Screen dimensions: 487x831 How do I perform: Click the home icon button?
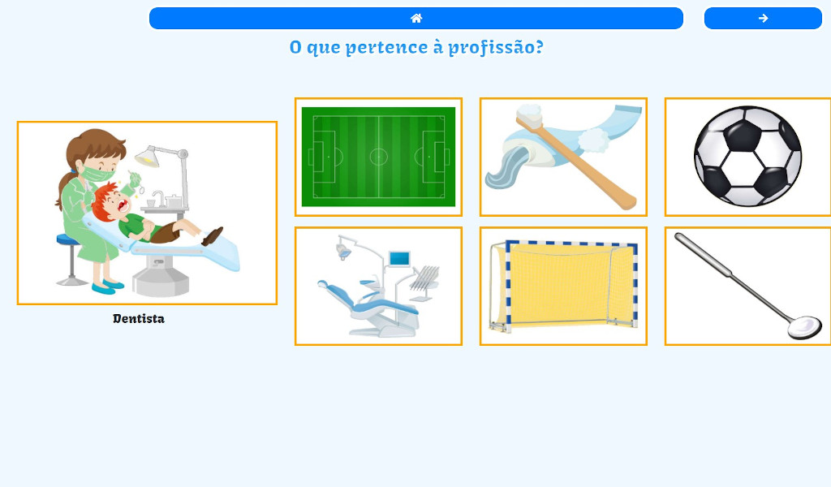[x=415, y=18]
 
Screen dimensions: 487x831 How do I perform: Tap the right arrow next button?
[x=763, y=18]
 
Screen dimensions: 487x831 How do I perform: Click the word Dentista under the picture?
[x=139, y=319]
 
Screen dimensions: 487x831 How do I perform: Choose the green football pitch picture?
[x=378, y=157]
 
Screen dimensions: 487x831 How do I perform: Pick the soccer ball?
[x=747, y=157]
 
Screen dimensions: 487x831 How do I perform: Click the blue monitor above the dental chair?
[x=398, y=259]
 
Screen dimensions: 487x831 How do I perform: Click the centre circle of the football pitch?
[x=378, y=157]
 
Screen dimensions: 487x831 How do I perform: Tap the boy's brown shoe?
[x=213, y=236]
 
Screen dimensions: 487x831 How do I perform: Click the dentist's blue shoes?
[x=107, y=287]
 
